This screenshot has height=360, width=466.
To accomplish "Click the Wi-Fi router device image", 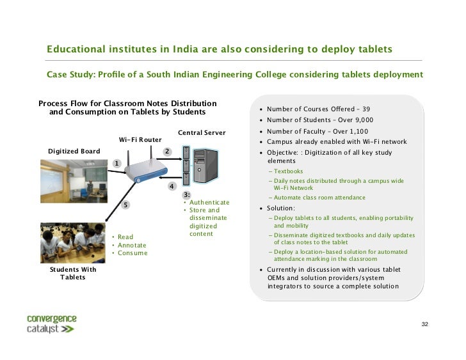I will click(x=145, y=168).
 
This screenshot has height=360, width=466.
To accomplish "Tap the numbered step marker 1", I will click(x=117, y=163).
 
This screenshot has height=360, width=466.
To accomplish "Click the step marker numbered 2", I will click(x=166, y=152).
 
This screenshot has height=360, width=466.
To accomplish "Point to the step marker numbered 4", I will click(x=172, y=186).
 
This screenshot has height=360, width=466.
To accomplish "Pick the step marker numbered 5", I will click(x=126, y=205).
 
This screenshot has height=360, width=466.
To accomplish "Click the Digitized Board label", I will click(x=74, y=152).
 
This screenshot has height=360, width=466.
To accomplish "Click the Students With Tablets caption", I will click(x=72, y=274).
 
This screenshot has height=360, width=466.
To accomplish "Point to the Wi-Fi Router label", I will click(x=140, y=139).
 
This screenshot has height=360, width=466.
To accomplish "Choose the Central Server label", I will click(x=202, y=133).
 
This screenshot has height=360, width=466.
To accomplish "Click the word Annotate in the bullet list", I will click(x=132, y=245).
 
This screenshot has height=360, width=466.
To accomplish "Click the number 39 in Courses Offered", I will click(x=366, y=109).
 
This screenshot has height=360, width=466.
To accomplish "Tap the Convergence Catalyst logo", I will click(x=51, y=324).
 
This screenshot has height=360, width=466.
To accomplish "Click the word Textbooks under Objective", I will click(x=289, y=171).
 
